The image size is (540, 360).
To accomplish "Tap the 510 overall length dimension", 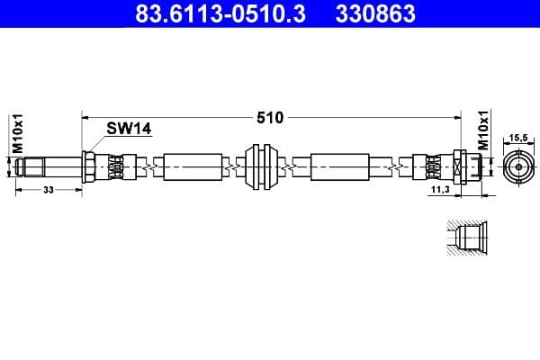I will pos(271,117).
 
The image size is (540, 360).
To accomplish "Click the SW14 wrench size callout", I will pos(128,130).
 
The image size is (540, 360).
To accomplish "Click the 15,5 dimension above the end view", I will pos(517,138).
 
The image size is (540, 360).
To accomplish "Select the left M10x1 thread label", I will pos(16,133).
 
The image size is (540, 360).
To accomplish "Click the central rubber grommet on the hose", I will pos(262,166).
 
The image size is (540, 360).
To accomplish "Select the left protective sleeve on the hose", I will pos(193,166).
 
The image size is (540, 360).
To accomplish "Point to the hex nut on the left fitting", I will pos(89,166).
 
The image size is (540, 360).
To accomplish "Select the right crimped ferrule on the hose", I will pos(430,166).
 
